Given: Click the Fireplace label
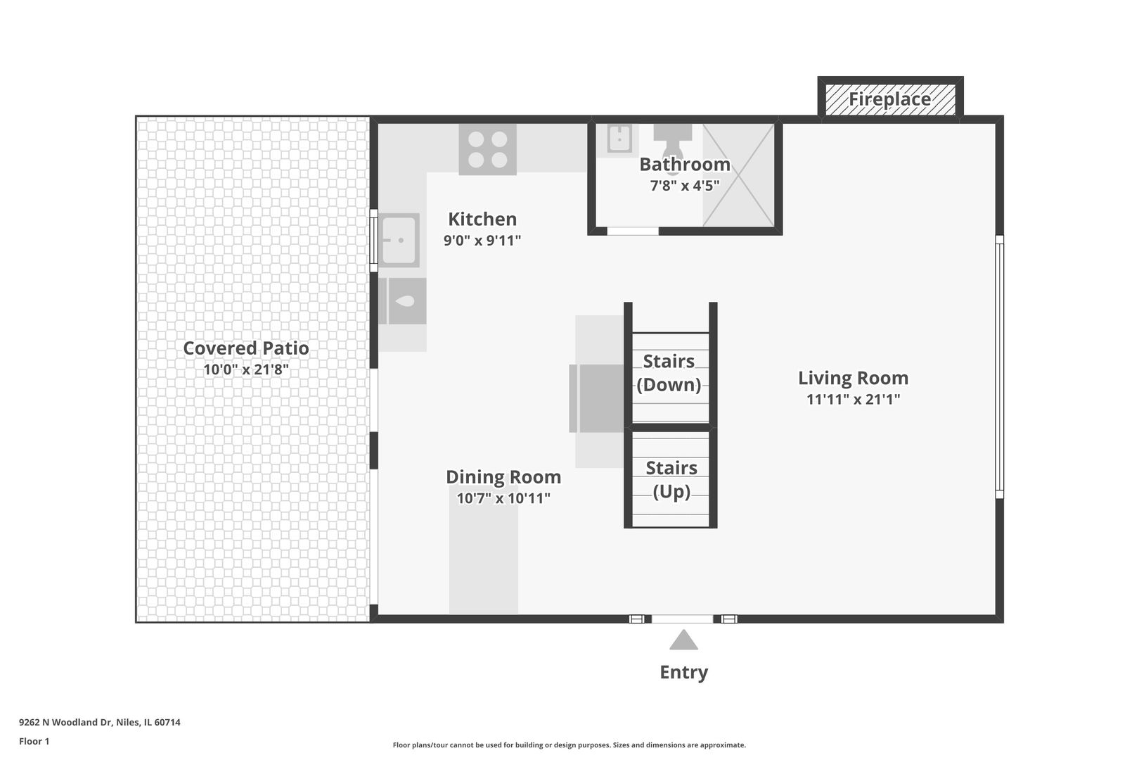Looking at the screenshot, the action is click(890, 99).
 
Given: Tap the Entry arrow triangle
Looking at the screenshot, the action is click(683, 640).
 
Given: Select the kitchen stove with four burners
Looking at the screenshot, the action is click(488, 150).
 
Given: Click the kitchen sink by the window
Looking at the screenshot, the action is click(399, 240).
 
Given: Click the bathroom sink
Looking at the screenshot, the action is click(620, 138).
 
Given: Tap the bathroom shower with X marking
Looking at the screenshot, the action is click(738, 175).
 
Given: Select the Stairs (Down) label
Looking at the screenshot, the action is click(669, 373).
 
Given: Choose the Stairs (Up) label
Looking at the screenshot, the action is click(671, 479).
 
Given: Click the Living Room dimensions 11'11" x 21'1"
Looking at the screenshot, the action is click(854, 399).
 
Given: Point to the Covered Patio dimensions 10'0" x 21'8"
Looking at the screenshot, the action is click(246, 369).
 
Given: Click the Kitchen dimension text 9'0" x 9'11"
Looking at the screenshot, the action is click(482, 240).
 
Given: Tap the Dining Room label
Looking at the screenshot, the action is click(503, 477).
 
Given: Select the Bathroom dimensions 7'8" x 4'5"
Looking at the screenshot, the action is click(685, 185).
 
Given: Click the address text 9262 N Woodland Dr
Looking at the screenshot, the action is click(65, 722).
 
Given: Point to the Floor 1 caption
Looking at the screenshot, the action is click(34, 741).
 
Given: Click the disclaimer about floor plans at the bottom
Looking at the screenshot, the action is click(569, 745).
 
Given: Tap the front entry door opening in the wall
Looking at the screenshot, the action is click(683, 619).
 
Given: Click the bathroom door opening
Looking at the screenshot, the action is click(633, 231).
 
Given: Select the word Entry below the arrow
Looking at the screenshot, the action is click(683, 672).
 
